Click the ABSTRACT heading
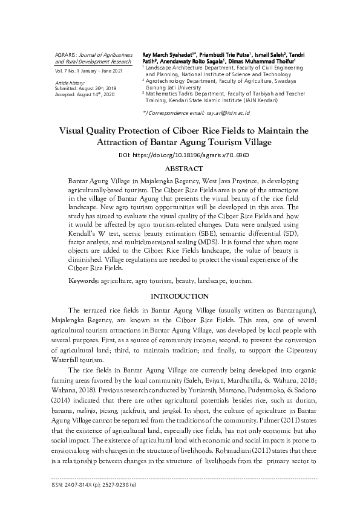click(180, 168)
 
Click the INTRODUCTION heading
click(180, 296)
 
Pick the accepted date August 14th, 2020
click(99, 94)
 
